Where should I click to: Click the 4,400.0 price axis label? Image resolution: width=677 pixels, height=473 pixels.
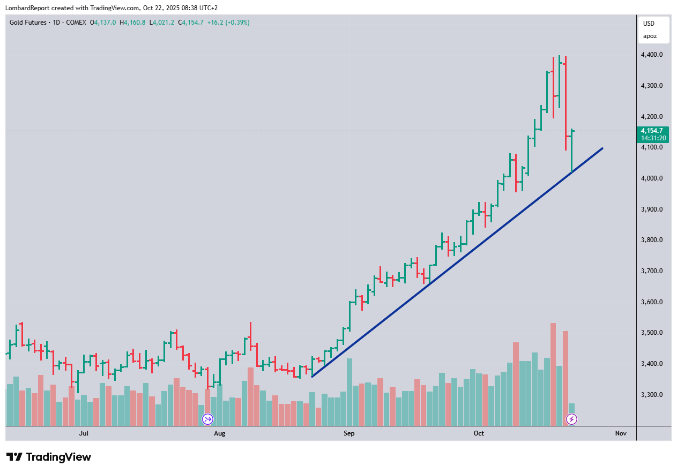pos(651,55)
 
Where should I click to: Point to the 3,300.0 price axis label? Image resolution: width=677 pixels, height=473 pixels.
pos(651,395)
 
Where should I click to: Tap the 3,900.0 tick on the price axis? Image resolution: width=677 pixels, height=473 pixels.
pos(651,209)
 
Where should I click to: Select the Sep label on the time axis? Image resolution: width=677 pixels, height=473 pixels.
pos(349,433)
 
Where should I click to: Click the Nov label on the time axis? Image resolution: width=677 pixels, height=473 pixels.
pos(621,433)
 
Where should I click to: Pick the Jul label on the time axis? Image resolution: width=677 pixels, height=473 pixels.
pos(84,433)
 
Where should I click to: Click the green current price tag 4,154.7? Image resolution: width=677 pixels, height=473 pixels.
pos(651,131)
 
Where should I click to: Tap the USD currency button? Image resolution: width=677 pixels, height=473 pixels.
pos(649,24)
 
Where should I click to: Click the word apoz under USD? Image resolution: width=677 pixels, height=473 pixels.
pos(649,36)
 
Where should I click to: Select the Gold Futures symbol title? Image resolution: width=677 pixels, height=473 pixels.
pos(28,22)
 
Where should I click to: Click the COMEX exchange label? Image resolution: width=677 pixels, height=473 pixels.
pos(75,22)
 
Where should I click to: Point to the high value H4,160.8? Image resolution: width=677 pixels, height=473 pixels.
pos(132,22)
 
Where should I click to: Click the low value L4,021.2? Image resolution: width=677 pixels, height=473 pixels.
pos(161,22)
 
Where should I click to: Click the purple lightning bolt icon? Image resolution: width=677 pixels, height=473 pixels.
pos(571,419)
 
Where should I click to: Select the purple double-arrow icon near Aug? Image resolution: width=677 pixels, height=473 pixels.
pos(207,419)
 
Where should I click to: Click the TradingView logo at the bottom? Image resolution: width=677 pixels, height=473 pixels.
pos(49,457)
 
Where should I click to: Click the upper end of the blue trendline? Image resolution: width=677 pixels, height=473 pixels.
pos(602,148)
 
